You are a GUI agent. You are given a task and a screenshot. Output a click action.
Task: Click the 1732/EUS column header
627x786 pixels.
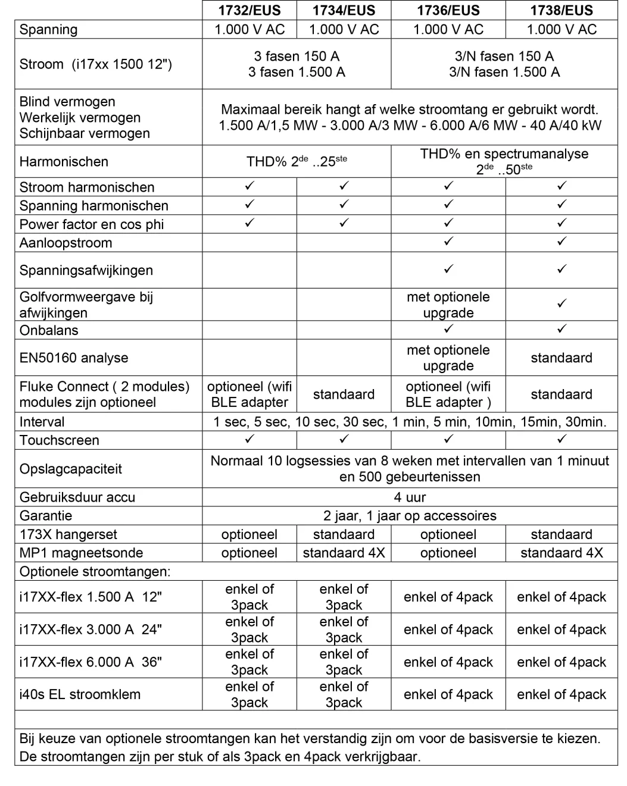pos(249,11)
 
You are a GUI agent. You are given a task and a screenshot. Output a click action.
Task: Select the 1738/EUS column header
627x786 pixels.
pos(562,11)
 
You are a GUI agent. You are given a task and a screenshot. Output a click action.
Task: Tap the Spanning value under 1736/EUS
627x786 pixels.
pos(448,30)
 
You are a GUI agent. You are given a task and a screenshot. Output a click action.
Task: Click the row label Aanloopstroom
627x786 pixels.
pos(65,243)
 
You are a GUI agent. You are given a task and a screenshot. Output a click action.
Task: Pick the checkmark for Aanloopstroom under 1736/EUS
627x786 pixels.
pos(448,242)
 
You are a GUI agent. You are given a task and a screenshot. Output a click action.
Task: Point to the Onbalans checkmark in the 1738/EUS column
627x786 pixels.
pos(562,329)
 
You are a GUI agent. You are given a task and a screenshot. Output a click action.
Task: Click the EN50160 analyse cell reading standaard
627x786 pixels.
pos(562,358)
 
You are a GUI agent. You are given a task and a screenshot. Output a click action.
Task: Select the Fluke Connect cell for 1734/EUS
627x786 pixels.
pos(344,394)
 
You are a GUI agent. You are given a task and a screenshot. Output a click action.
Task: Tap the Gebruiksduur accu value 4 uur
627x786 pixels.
pos(410,497)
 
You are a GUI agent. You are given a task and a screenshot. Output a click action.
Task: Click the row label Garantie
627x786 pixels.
pos(46,516)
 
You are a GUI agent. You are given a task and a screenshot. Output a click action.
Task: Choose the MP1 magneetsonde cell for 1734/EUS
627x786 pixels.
pos(344,553)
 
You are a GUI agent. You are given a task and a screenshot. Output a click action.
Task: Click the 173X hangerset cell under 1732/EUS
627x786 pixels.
pos(249,534)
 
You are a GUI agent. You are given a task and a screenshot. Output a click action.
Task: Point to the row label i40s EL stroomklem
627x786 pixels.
pos(80,694)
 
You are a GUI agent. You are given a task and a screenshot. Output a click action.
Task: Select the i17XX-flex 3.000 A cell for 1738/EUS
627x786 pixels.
pos(562,630)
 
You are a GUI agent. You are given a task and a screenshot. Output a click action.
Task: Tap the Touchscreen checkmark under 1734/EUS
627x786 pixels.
pos(344,439)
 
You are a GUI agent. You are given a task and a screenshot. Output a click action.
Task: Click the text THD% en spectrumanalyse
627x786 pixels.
pos(504,154)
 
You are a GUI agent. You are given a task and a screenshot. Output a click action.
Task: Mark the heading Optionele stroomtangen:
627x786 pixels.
pos(95,572)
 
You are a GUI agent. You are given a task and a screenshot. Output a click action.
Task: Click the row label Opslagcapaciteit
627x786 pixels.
pos(70,469)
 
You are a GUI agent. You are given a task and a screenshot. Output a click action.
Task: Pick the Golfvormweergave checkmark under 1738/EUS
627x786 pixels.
pos(562,304)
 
